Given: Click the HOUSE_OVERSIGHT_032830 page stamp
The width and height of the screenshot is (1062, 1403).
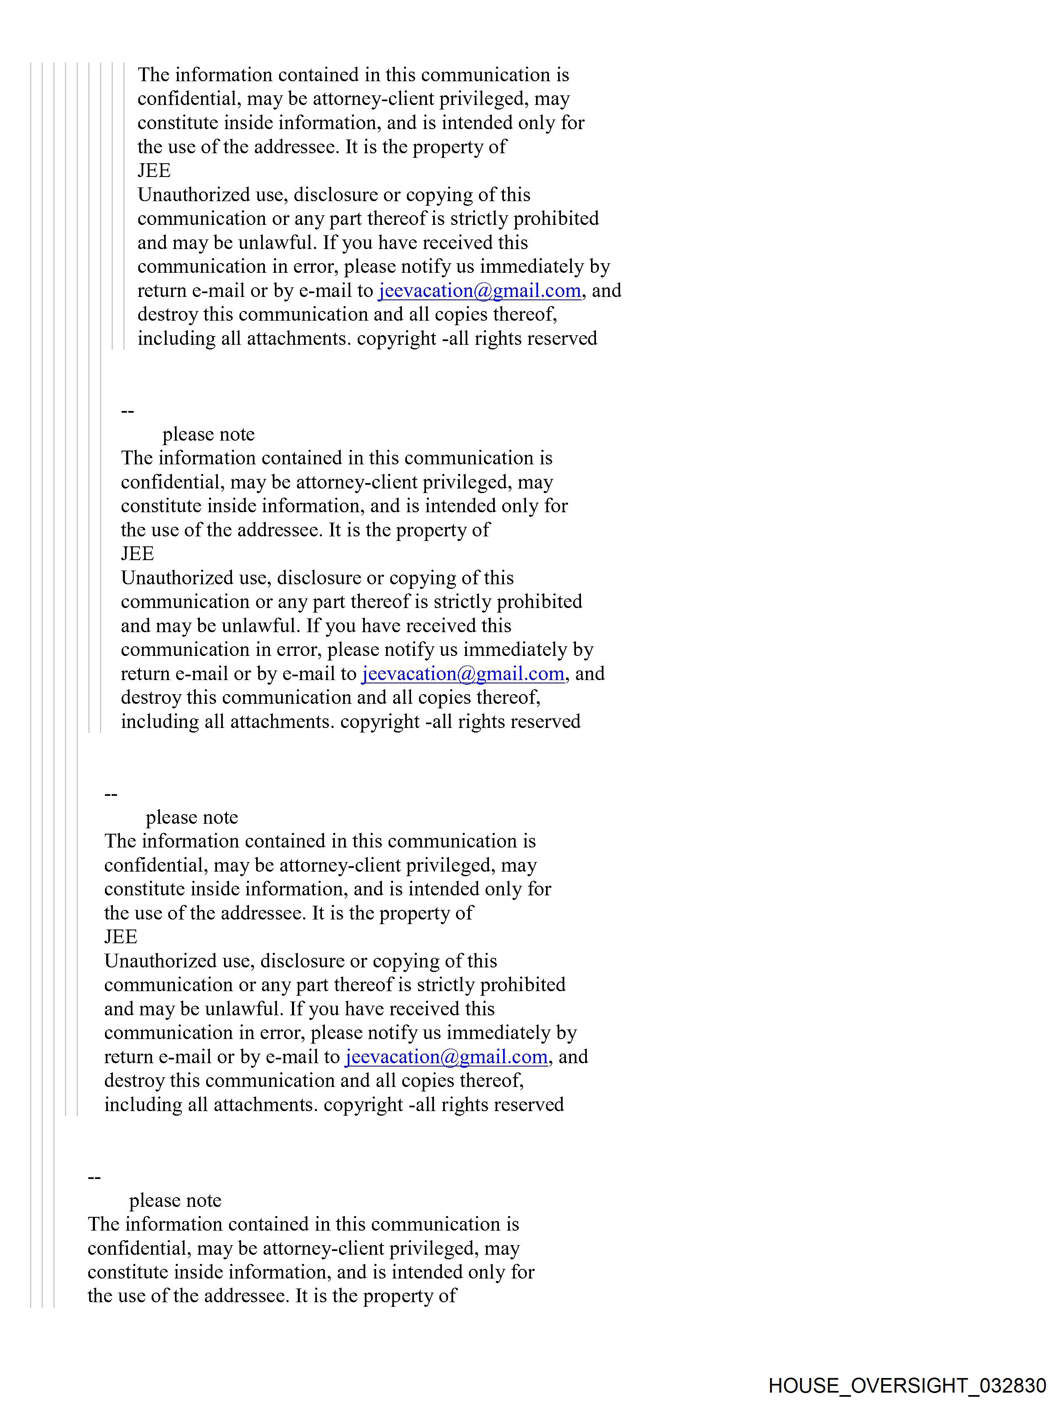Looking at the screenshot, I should click(x=907, y=1385).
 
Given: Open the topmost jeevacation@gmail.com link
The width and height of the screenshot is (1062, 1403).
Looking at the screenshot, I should click(x=480, y=291).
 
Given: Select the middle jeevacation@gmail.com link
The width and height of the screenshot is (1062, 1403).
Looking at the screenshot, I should click(x=463, y=673).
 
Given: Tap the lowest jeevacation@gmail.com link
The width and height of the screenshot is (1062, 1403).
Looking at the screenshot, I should click(x=446, y=1057).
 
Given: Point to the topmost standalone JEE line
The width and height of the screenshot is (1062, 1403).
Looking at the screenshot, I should click(x=154, y=171).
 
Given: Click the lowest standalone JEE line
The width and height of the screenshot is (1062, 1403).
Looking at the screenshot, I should click(x=120, y=937).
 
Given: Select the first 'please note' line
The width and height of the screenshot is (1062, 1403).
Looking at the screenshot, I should click(x=208, y=434).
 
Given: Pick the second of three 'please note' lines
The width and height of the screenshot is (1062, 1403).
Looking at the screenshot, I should click(x=192, y=817).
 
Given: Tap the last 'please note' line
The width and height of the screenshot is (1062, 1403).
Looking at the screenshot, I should click(x=175, y=1201).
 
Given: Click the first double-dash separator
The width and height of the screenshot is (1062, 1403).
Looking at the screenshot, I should click(x=127, y=411).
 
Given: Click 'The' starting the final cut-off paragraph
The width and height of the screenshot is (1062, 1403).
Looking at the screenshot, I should click(x=103, y=1224).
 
